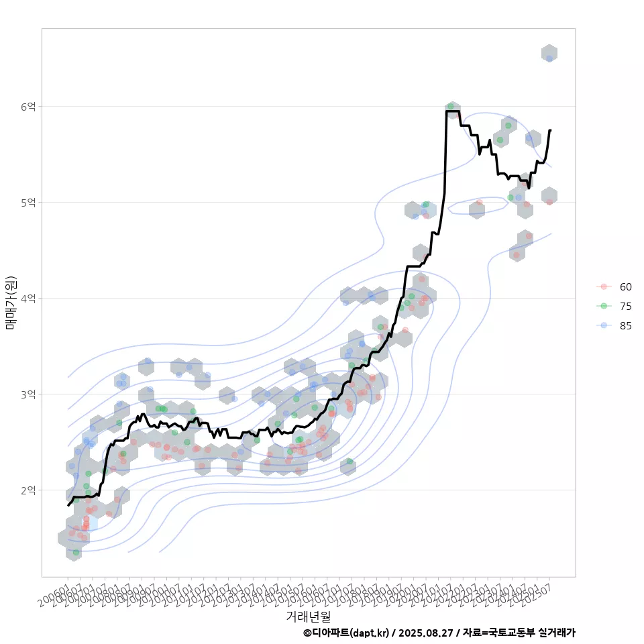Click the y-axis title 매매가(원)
click(11, 302)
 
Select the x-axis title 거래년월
click(308, 616)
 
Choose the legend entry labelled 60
click(625, 286)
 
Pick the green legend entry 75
click(625, 306)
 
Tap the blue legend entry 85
click(625, 325)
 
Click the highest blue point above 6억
click(549, 58)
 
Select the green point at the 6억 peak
click(450, 107)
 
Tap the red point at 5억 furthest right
click(549, 202)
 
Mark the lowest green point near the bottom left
click(76, 552)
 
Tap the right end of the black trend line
click(550, 130)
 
